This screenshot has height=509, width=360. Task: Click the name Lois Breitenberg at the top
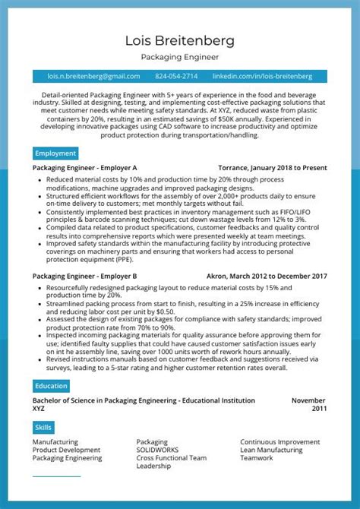pyautogui.click(x=180, y=40)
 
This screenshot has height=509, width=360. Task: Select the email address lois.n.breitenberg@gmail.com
pyautogui.click(x=93, y=77)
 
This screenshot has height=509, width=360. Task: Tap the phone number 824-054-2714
pyautogui.click(x=176, y=77)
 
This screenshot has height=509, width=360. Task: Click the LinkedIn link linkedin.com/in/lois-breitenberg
pyautogui.click(x=262, y=77)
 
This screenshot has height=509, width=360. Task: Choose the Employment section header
pyautogui.click(x=55, y=153)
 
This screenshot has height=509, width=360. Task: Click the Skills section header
pyautogui.click(x=43, y=428)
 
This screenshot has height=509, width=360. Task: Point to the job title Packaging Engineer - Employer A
pyautogui.click(x=85, y=167)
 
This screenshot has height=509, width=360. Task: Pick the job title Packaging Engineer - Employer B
pyautogui.click(x=85, y=276)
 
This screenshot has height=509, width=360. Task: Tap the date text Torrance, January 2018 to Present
pyautogui.click(x=272, y=167)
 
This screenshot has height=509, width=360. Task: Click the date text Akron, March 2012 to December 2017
pyautogui.click(x=266, y=276)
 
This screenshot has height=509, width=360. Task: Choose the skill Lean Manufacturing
pyautogui.click(x=271, y=451)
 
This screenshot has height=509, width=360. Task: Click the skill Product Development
pyautogui.click(x=66, y=451)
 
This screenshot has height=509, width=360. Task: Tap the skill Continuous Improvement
pyautogui.click(x=279, y=442)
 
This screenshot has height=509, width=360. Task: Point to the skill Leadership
pyautogui.click(x=153, y=466)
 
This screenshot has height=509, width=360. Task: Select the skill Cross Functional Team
pyautogui.click(x=171, y=459)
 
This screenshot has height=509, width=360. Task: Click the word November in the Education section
pyautogui.click(x=308, y=400)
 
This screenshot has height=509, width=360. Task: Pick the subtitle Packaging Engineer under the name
pyautogui.click(x=180, y=57)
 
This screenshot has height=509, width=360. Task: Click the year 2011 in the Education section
pyautogui.click(x=318, y=408)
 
